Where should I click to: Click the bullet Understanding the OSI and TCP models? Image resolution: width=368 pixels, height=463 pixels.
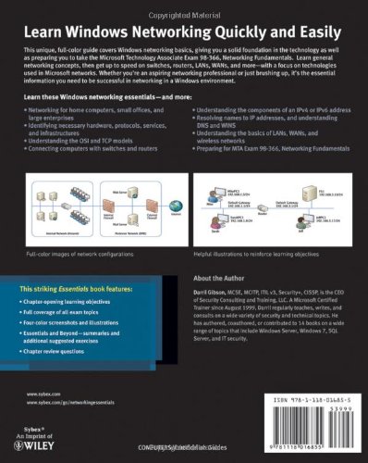point(83,169)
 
